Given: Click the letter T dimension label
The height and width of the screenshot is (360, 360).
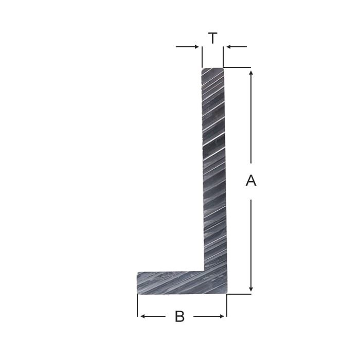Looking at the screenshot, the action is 212,38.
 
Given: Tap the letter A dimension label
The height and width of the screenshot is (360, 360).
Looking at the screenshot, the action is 251,181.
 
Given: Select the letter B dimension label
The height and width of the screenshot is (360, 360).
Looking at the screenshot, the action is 179,316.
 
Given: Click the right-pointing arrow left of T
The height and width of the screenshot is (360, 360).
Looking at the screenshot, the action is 187,47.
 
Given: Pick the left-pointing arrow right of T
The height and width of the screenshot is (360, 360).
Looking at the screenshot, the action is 237,47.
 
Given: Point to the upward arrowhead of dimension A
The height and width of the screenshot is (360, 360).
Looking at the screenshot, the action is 251,73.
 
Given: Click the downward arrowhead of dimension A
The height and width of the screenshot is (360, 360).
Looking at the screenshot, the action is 251,289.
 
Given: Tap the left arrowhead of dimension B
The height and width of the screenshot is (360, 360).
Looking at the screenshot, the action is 142,316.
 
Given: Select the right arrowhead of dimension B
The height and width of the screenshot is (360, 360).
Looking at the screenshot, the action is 222,316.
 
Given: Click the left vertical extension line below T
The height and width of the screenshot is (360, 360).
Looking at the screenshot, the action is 202,57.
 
